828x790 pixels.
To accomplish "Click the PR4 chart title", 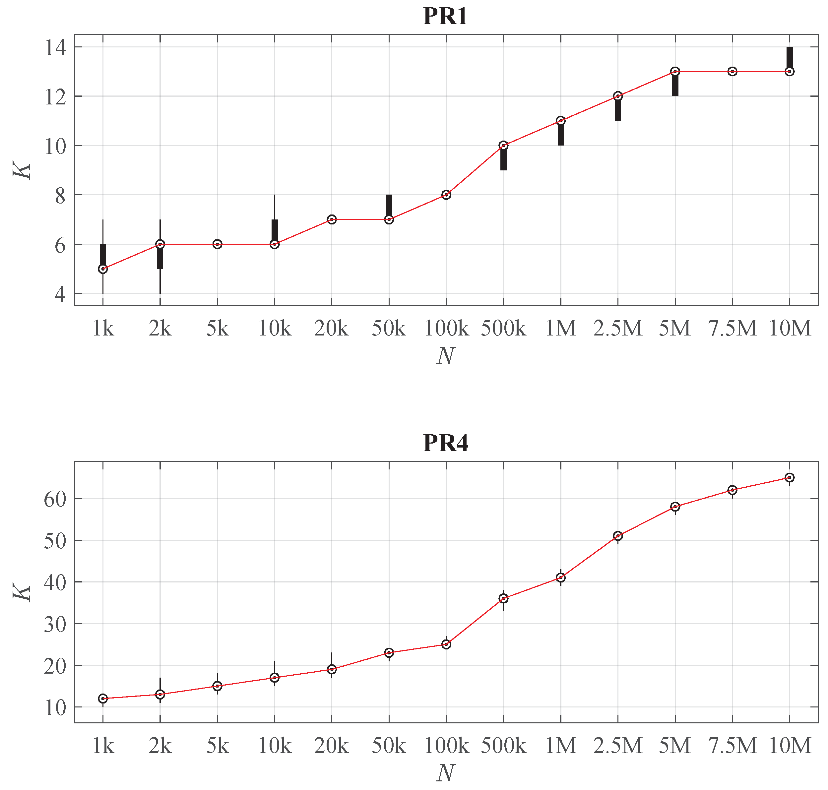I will pyautogui.click(x=445, y=443).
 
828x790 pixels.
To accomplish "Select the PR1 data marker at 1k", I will pyautogui.click(x=103, y=269).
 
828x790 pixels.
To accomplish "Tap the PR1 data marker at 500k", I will pyautogui.click(x=503, y=145).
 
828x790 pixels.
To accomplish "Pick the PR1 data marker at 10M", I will pyautogui.click(x=790, y=72).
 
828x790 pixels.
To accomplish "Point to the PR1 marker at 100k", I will pyautogui.click(x=446, y=195).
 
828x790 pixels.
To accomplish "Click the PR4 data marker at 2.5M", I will pyautogui.click(x=618, y=536).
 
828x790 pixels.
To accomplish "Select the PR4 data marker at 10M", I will pyautogui.click(x=790, y=477).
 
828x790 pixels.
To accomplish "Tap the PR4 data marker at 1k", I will pyautogui.click(x=103, y=699).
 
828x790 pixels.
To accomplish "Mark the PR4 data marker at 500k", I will pyautogui.click(x=503, y=598).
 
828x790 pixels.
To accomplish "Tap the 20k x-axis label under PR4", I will pyautogui.click(x=332, y=746).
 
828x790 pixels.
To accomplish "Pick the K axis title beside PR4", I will pyautogui.click(x=22, y=592).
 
